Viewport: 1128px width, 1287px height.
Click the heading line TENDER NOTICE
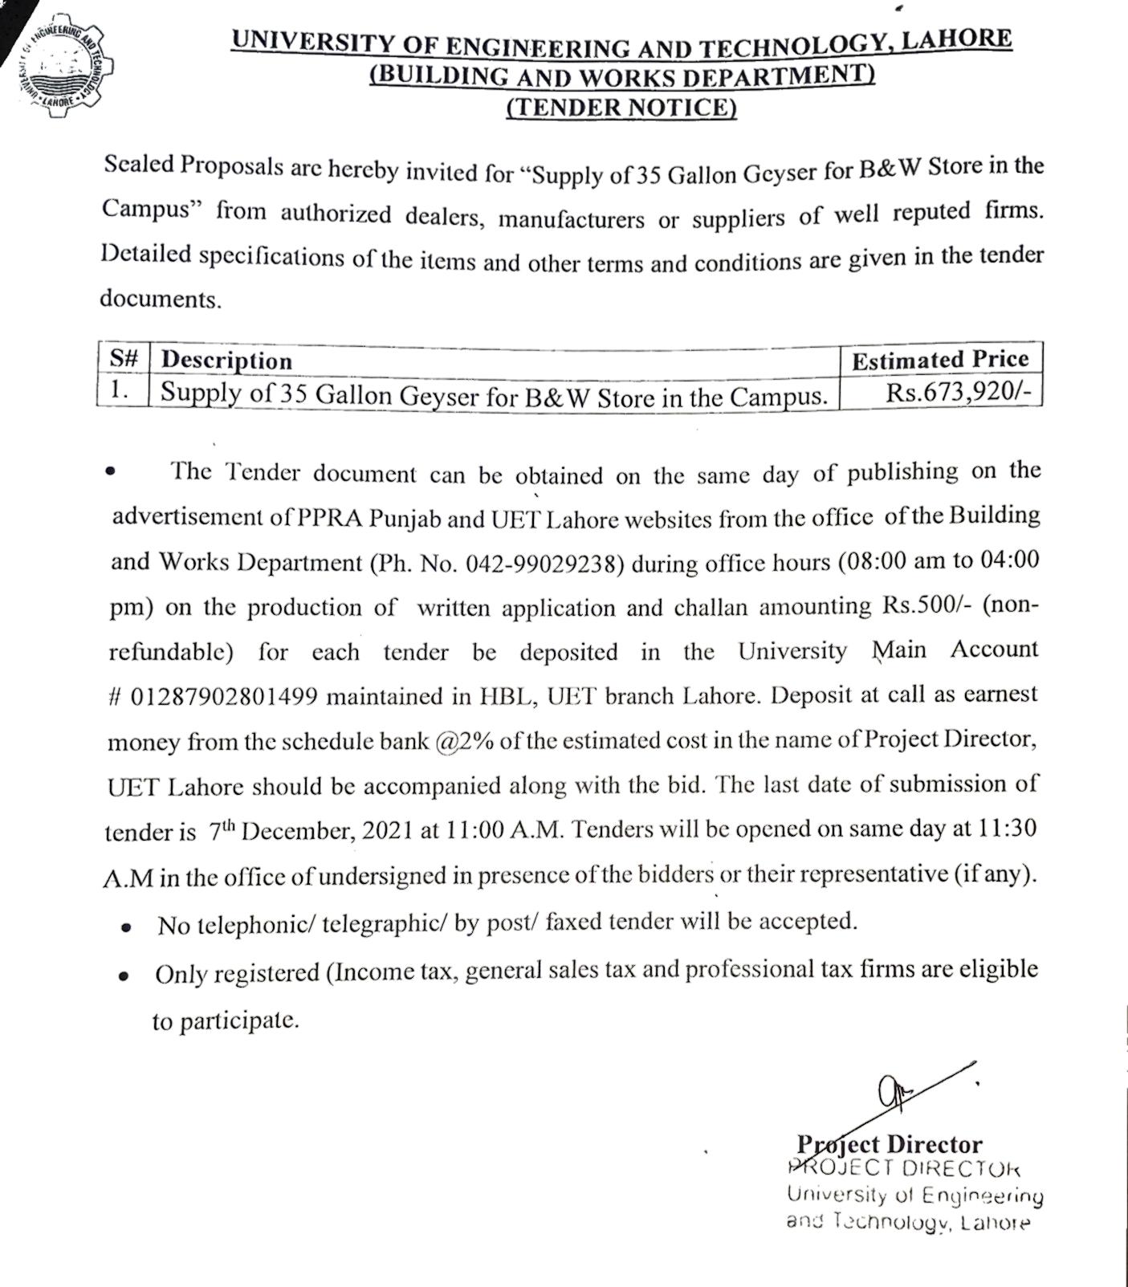point(621,107)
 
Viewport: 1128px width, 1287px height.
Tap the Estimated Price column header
point(939,359)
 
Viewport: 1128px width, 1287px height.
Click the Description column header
point(226,360)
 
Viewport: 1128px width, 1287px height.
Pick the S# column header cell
point(124,359)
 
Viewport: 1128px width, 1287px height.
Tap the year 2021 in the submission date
point(388,831)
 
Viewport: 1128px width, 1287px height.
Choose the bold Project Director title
point(889,1144)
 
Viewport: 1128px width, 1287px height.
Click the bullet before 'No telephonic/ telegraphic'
point(126,927)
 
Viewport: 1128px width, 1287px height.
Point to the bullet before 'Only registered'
point(124,977)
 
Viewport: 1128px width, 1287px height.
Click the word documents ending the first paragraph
point(159,299)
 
